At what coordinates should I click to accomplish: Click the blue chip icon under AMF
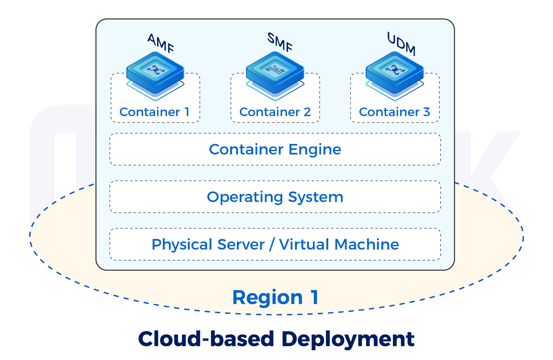155,72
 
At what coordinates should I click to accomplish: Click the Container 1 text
155,112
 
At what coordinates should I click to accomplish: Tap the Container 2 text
275,112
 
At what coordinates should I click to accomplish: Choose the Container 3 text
394,112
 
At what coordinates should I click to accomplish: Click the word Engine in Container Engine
315,150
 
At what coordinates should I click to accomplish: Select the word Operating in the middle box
245,198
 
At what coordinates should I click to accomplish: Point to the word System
315,198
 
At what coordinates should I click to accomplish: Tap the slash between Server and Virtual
272,245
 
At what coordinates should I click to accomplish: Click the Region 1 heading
275,298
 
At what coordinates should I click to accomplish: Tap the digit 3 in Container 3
426,112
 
